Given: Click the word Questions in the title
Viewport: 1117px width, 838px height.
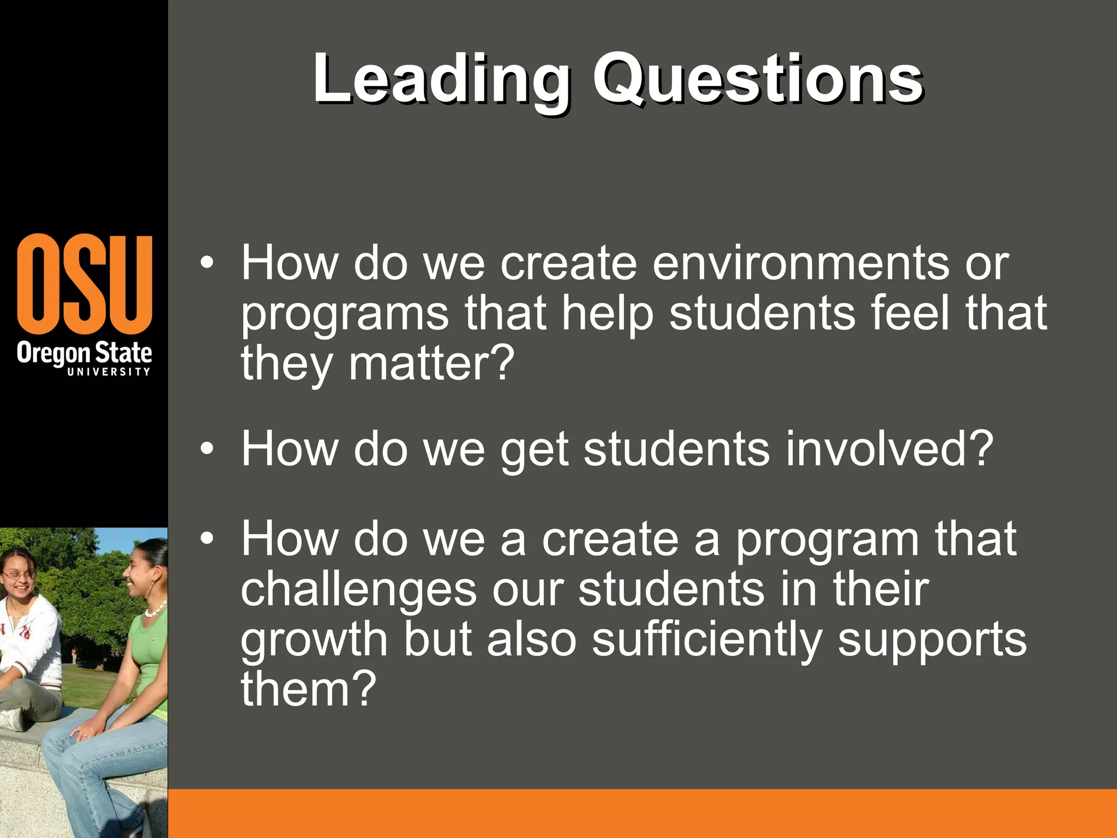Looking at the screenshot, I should point(758,80).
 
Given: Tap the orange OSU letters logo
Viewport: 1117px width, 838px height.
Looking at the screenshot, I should point(85,284).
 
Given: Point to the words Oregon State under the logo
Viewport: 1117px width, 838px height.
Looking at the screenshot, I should point(85,354).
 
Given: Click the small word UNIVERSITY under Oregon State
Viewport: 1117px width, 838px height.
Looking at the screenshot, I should point(109,372).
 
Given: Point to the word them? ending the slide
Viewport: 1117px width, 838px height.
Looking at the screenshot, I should point(309,689).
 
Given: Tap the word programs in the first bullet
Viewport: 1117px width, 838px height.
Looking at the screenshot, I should point(345,314).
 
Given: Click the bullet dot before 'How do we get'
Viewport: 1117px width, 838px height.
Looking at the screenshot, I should point(207,449).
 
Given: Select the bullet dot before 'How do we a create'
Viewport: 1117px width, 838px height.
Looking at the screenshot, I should point(207,539).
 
